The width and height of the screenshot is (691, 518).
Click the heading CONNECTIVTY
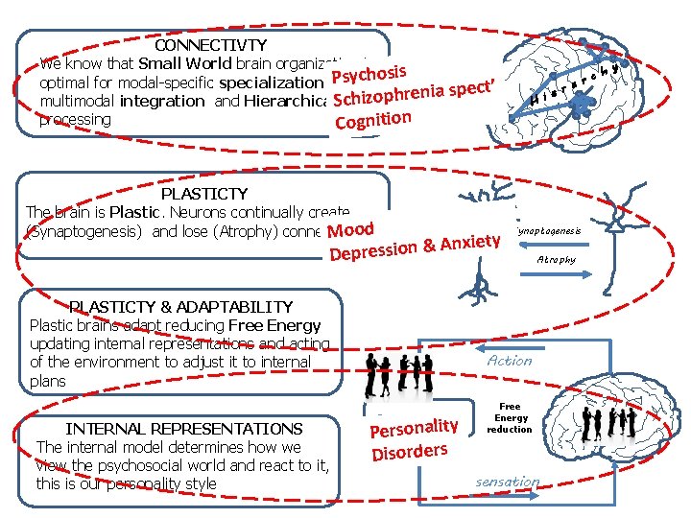(x=210, y=45)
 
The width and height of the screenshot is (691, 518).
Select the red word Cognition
(x=373, y=120)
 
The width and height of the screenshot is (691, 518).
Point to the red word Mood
(x=350, y=230)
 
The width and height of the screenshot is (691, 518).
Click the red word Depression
(x=373, y=251)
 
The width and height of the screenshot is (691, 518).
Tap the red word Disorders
(x=410, y=450)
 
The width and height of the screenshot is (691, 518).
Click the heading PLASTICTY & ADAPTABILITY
(x=181, y=307)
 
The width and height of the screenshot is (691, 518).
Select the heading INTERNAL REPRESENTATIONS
(x=183, y=429)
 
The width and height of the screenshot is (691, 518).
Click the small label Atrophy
(x=556, y=259)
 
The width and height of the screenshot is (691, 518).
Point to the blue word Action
(x=509, y=361)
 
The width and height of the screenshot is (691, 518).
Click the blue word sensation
(x=508, y=481)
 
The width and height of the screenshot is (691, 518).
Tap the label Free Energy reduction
(x=509, y=417)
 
